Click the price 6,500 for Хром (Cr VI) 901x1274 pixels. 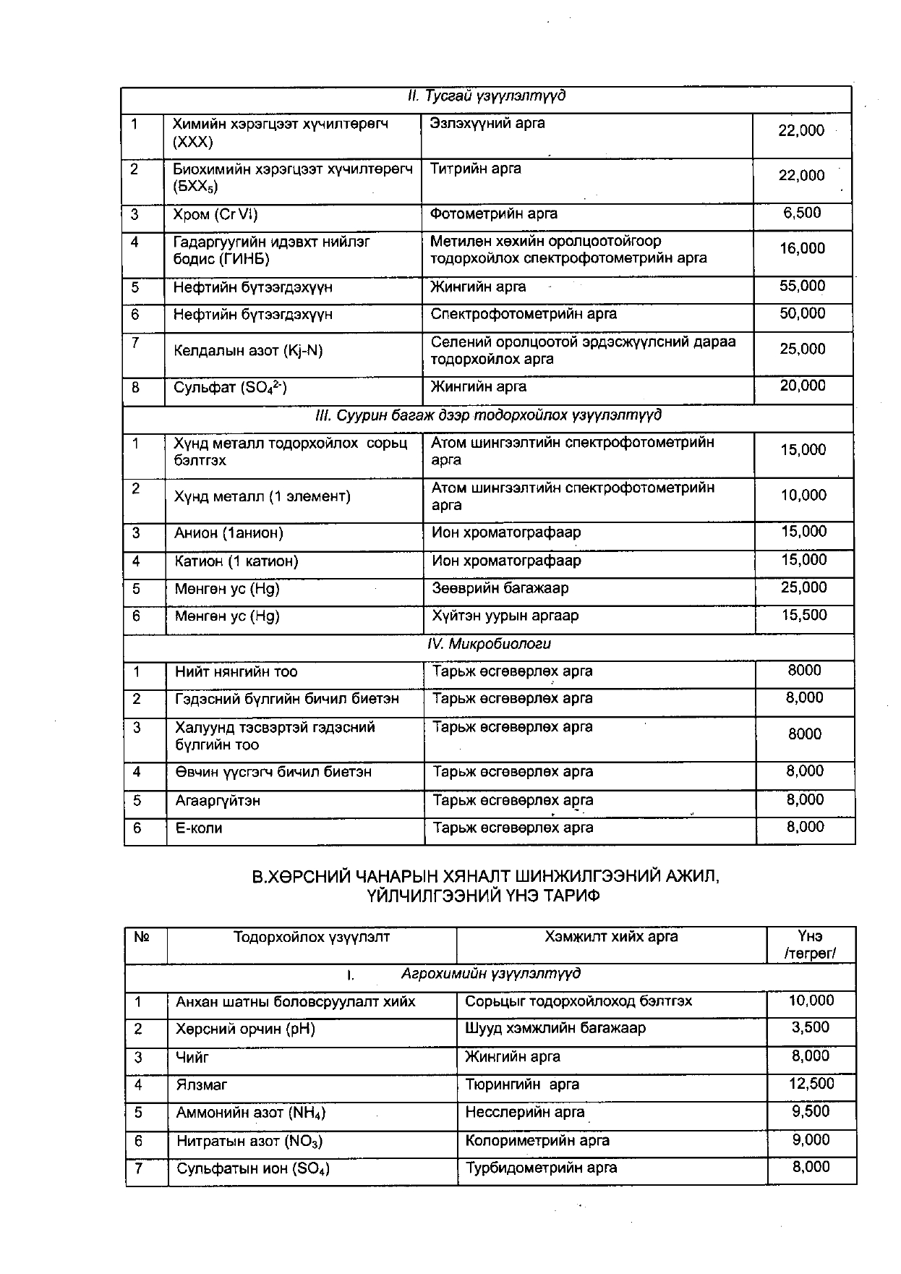click(802, 213)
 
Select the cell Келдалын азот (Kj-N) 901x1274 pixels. click(247, 351)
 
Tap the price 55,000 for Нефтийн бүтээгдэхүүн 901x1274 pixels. click(802, 286)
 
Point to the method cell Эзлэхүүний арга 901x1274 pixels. click(487, 124)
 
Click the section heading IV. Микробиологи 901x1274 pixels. click(489, 644)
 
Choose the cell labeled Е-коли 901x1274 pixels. click(199, 828)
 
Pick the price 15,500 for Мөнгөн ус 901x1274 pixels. click(803, 616)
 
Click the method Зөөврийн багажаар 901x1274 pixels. click(500, 588)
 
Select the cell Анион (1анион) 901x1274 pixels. click(229, 533)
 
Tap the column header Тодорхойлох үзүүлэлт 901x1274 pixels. click(312, 937)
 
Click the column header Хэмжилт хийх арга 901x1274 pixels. click(611, 937)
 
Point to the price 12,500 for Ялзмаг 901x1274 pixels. click(811, 1084)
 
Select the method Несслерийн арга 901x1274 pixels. click(524, 1112)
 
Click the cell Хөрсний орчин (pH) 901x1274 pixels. click(246, 1029)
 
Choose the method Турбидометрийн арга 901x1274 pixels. click(541, 1168)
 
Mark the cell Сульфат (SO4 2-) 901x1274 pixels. click(230, 388)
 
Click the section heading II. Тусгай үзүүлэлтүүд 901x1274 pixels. click(486, 96)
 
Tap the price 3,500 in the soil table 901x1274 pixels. click(811, 1028)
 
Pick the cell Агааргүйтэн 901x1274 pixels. click(218, 801)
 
